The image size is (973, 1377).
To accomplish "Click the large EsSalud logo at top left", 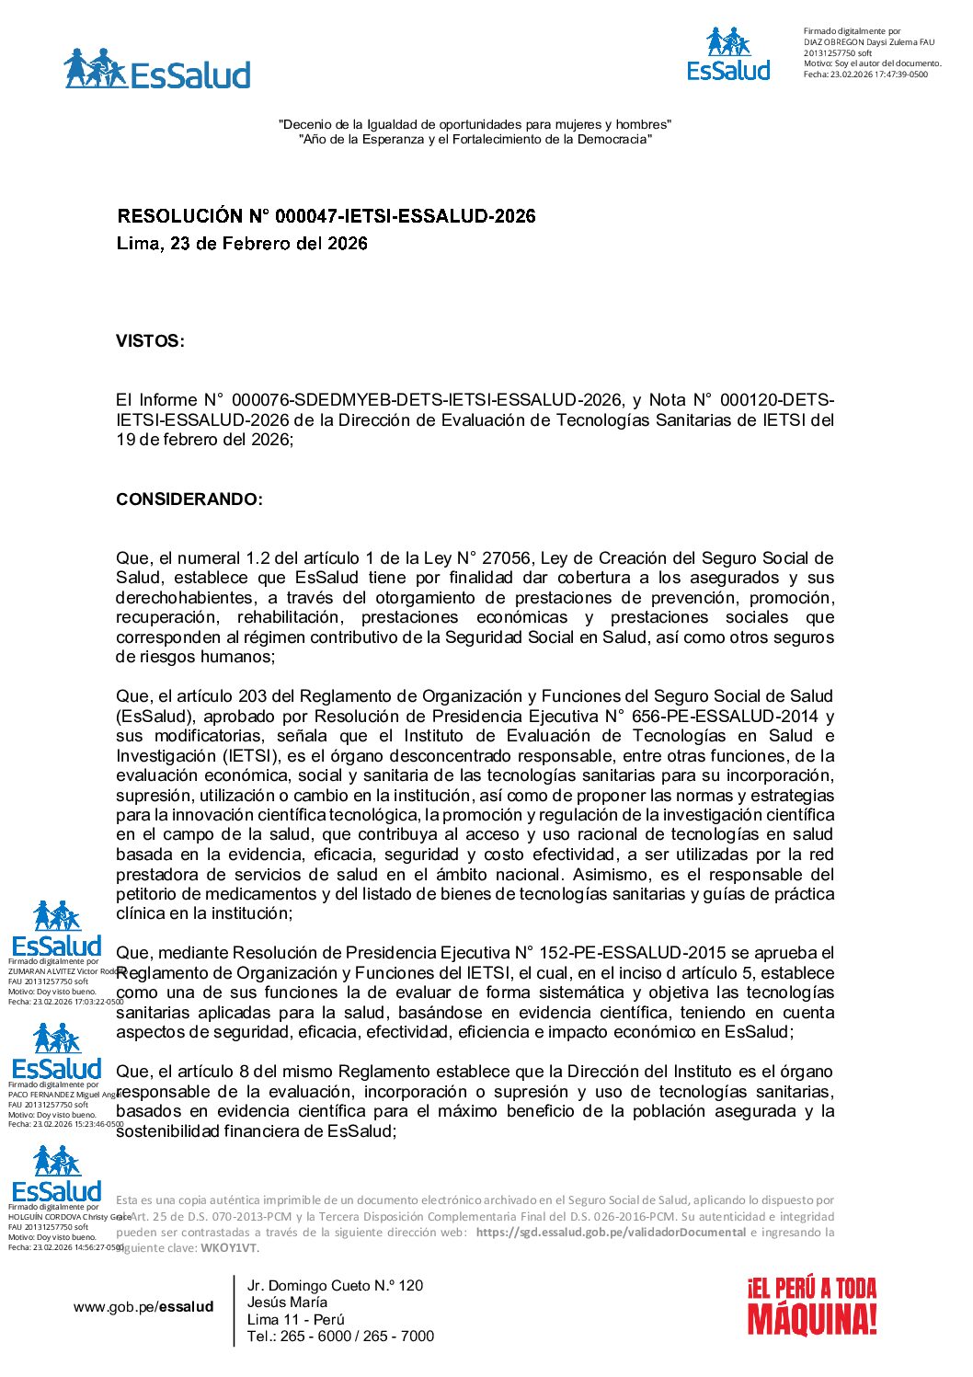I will coord(157,70).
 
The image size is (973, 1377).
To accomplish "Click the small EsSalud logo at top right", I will coord(728,55).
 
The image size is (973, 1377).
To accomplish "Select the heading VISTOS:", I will coord(150,341).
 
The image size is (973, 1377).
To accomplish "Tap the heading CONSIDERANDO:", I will coord(189,499).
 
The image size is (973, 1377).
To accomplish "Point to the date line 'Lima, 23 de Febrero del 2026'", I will coord(242,244).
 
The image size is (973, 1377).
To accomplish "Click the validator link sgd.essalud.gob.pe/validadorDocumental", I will coord(611,1233).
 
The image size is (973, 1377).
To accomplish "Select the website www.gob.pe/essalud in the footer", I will coord(143,1307).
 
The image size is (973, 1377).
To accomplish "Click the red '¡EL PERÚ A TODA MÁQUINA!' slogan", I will coord(811,1305).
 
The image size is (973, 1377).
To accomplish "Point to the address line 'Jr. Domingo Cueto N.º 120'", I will coord(335,1286).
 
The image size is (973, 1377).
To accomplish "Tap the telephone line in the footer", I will coord(340,1337).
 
